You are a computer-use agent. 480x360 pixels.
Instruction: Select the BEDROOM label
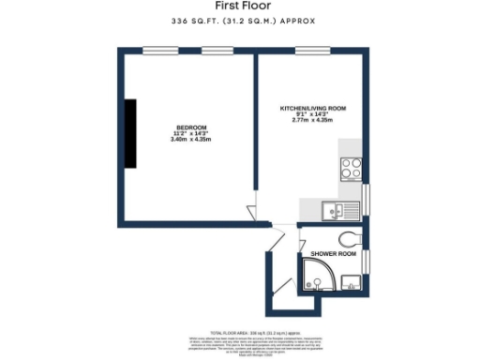(190, 127)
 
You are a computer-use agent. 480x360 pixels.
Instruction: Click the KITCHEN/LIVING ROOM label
(313, 109)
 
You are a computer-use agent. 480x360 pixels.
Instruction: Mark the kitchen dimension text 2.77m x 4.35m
(313, 121)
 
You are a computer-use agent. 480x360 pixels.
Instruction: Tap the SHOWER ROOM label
(333, 253)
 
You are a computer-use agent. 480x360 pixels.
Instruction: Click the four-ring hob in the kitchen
(352, 169)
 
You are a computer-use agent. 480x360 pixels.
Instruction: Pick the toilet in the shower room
(351, 237)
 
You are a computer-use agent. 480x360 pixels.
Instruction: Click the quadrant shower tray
(316, 276)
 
